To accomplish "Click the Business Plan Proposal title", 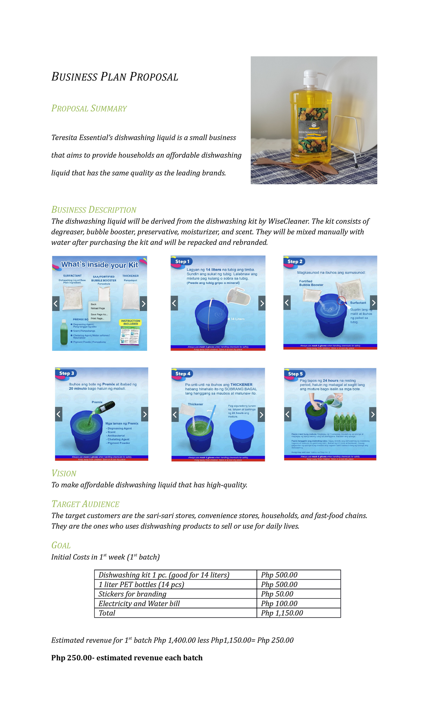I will (x=115, y=77).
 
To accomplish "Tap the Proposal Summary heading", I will (x=89, y=108).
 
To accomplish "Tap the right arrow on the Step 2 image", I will (x=373, y=302).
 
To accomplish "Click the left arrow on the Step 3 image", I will (x=59, y=414).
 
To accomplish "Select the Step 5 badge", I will (x=295, y=374).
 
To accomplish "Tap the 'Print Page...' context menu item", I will (x=98, y=319).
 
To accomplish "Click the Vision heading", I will (x=64, y=474).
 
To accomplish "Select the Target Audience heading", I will (x=85, y=504).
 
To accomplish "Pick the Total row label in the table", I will (x=107, y=613).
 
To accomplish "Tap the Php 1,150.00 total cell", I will (x=282, y=613).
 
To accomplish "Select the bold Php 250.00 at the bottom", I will (x=71, y=658).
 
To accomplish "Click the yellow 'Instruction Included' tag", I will (x=130, y=322).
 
